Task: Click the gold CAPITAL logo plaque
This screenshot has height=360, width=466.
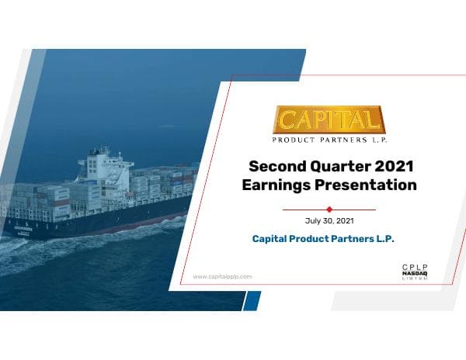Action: pos(329,120)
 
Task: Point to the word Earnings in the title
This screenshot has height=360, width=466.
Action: pos(278,185)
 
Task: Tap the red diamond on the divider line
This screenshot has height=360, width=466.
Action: pos(329,209)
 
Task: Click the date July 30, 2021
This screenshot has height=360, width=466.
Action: pos(329,221)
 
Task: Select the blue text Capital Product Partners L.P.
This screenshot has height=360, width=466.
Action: pos(323,239)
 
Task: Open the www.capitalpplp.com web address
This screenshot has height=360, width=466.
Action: pos(221,276)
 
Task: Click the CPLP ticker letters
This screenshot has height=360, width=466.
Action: pos(415,267)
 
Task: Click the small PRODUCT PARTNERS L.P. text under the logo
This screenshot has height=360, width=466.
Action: pos(329,140)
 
